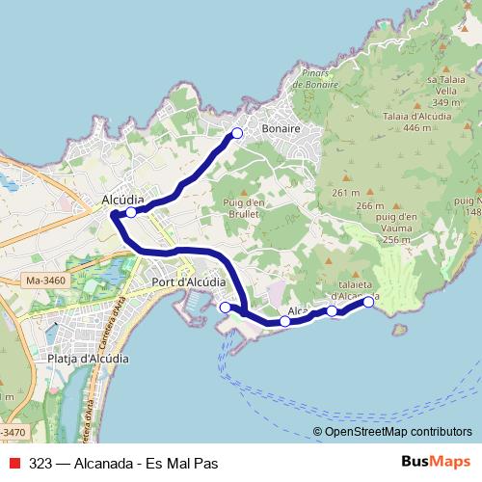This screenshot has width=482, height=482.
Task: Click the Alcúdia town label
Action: coord(122,201)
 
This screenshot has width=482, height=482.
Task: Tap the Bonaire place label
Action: coord(281,128)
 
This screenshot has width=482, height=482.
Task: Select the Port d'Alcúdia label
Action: coord(188,282)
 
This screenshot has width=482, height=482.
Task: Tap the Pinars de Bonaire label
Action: coord(315,80)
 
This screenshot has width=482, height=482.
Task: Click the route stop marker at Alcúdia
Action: coord(131,212)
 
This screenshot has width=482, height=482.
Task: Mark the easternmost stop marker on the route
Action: coord(368,302)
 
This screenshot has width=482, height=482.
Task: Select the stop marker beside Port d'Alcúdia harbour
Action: coord(226,307)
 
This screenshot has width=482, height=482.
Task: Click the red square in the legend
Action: coord(13,463)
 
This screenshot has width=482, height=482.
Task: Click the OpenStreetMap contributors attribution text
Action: coord(392,432)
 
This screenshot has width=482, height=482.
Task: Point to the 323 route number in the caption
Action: coord(40,463)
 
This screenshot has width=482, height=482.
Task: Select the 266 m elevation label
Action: coord(369,205)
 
